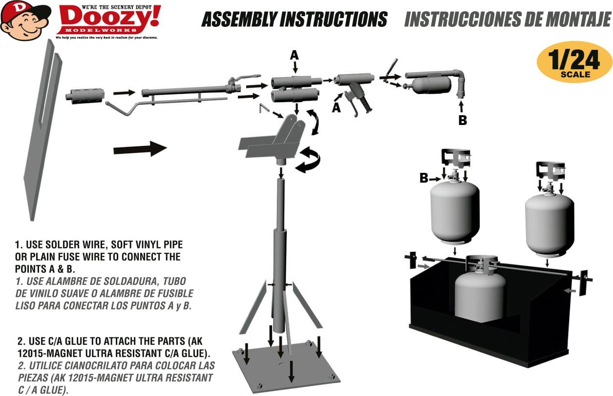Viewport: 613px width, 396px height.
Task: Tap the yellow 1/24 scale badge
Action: [x=574, y=63]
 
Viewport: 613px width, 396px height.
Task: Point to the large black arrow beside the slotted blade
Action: [x=140, y=149]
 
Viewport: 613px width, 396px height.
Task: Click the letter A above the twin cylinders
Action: [x=294, y=56]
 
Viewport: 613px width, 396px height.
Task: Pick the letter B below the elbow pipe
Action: [x=463, y=120]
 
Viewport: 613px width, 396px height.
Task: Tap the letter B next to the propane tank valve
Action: [x=424, y=178]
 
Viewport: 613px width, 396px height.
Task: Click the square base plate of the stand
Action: [x=286, y=367]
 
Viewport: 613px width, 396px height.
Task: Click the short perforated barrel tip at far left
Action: [x=85, y=95]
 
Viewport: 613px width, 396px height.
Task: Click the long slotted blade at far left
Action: [x=42, y=130]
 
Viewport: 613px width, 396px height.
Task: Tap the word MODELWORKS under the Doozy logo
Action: [x=101, y=30]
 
